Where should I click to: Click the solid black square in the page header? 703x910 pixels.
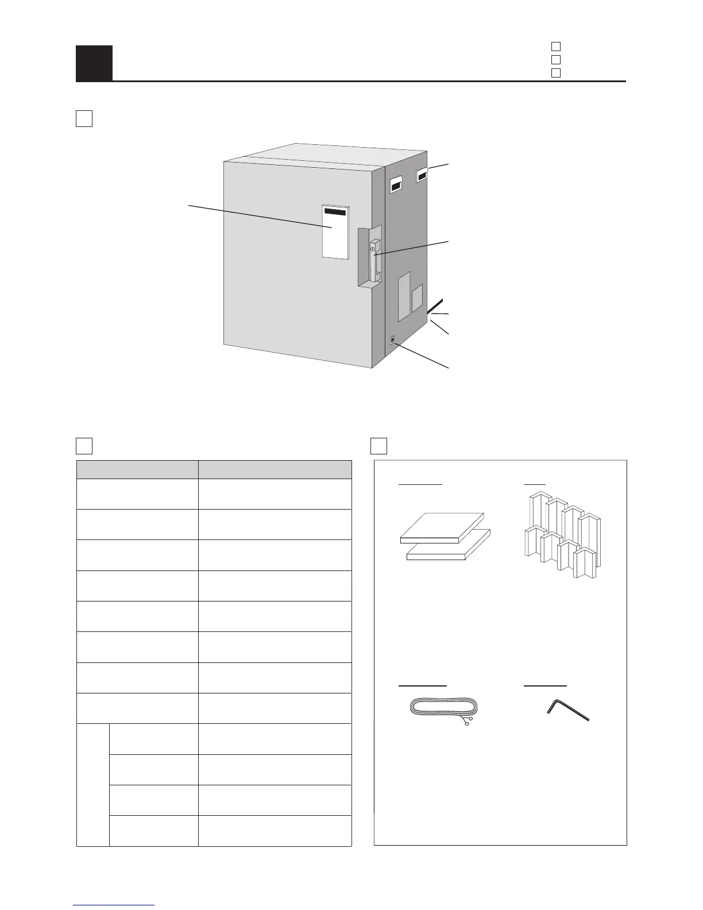coord(94,63)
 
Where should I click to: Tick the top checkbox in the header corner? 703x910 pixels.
coord(555,46)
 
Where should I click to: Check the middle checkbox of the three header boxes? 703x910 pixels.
coord(555,59)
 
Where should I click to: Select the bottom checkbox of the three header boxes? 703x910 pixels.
coord(555,73)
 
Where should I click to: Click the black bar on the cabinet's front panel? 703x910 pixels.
coord(335,211)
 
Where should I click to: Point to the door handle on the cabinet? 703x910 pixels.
coord(374,261)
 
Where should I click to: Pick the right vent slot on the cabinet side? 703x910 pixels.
coord(422,174)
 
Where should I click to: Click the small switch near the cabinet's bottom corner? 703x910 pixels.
coord(392,340)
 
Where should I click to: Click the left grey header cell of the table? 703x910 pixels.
coord(137,469)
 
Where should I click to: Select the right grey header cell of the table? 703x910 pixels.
coord(275,469)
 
